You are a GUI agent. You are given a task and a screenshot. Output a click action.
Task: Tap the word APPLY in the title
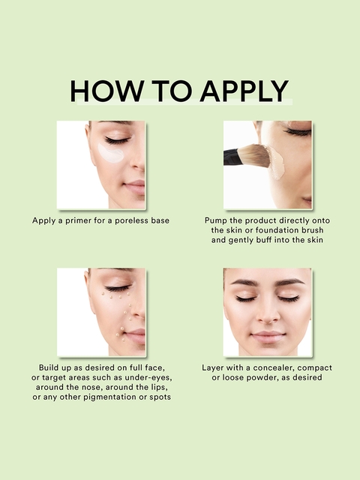[244, 91]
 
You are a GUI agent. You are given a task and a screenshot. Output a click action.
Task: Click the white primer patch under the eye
[110, 153]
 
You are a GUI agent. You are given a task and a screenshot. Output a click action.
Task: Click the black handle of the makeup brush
[231, 157]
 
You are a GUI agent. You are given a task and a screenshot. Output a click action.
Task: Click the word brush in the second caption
[312, 230]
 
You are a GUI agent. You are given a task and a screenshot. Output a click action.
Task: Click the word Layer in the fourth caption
[211, 367]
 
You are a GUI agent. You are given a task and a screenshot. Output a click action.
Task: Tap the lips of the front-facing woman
[268, 336]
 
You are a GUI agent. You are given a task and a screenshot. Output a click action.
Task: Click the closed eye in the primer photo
[118, 141]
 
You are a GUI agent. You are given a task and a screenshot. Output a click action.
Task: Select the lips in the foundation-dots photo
[136, 335]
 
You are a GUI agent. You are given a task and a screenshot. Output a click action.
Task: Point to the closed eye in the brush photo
[298, 132]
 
